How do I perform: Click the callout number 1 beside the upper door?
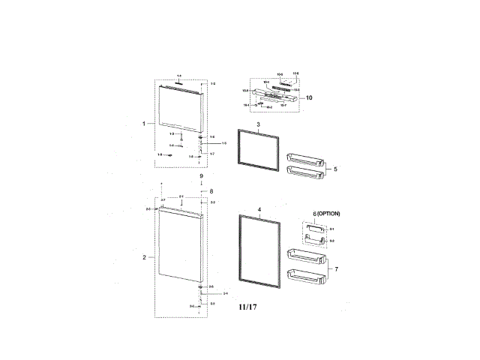[144, 123]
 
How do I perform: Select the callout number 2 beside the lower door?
[144, 257]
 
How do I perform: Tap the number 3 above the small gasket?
[257, 124]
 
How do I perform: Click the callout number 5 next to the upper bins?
[335, 169]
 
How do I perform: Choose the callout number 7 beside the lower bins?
[337, 268]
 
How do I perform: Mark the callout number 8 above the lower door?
[211, 191]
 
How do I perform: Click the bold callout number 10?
[309, 97]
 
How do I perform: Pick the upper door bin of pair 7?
[305, 257]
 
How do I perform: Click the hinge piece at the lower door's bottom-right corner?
[201, 287]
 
